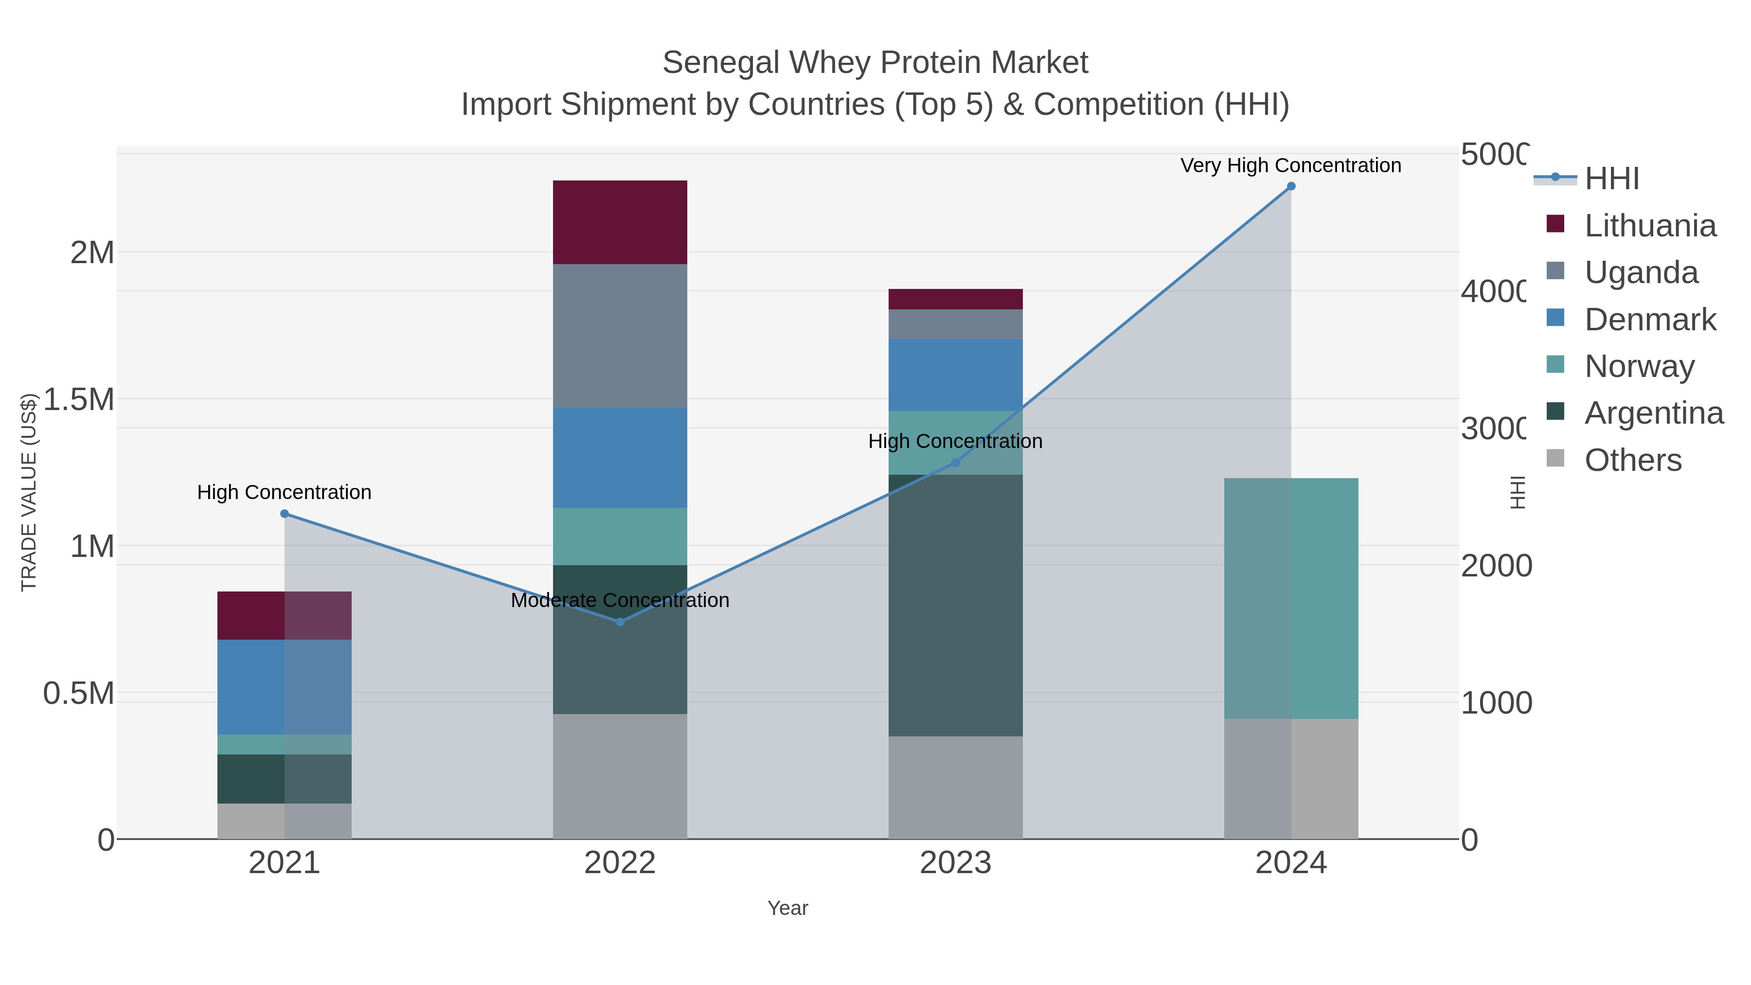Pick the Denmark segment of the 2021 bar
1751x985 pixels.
tap(284, 686)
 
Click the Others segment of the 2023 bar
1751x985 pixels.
tap(955, 787)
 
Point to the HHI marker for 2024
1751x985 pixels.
tap(1291, 186)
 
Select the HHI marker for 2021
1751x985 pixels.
tap(284, 514)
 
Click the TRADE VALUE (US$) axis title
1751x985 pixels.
tap(29, 492)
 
